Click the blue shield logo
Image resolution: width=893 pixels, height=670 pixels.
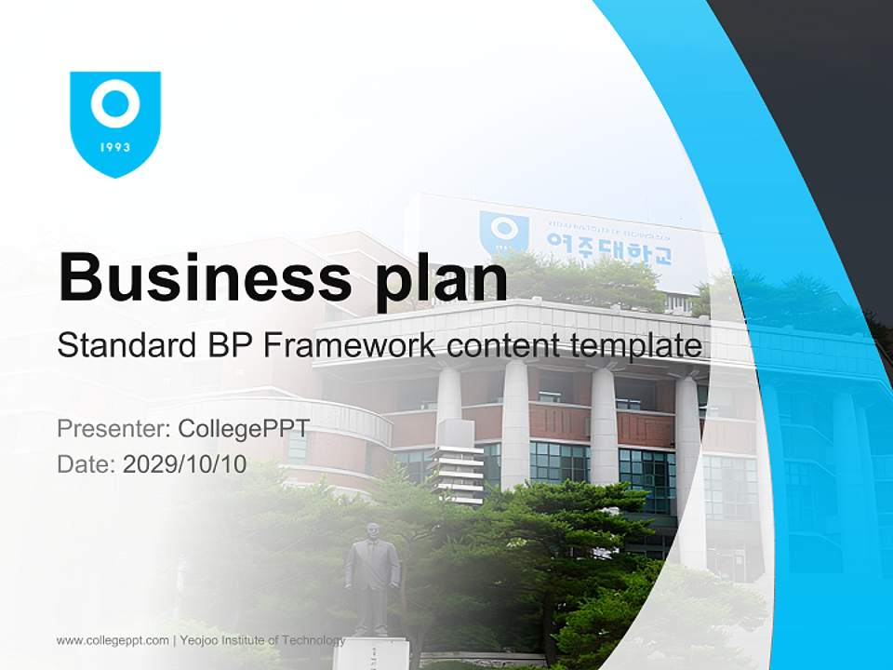click(115, 122)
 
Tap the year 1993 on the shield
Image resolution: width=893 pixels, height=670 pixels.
click(115, 147)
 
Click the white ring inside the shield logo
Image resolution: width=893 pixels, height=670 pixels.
click(115, 105)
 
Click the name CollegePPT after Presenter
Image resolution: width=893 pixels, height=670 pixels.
click(244, 429)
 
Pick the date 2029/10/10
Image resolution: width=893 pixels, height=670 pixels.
click(185, 463)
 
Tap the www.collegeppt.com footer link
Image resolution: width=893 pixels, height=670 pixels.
click(113, 640)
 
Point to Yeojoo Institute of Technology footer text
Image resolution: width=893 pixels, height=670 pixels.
click(262, 640)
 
